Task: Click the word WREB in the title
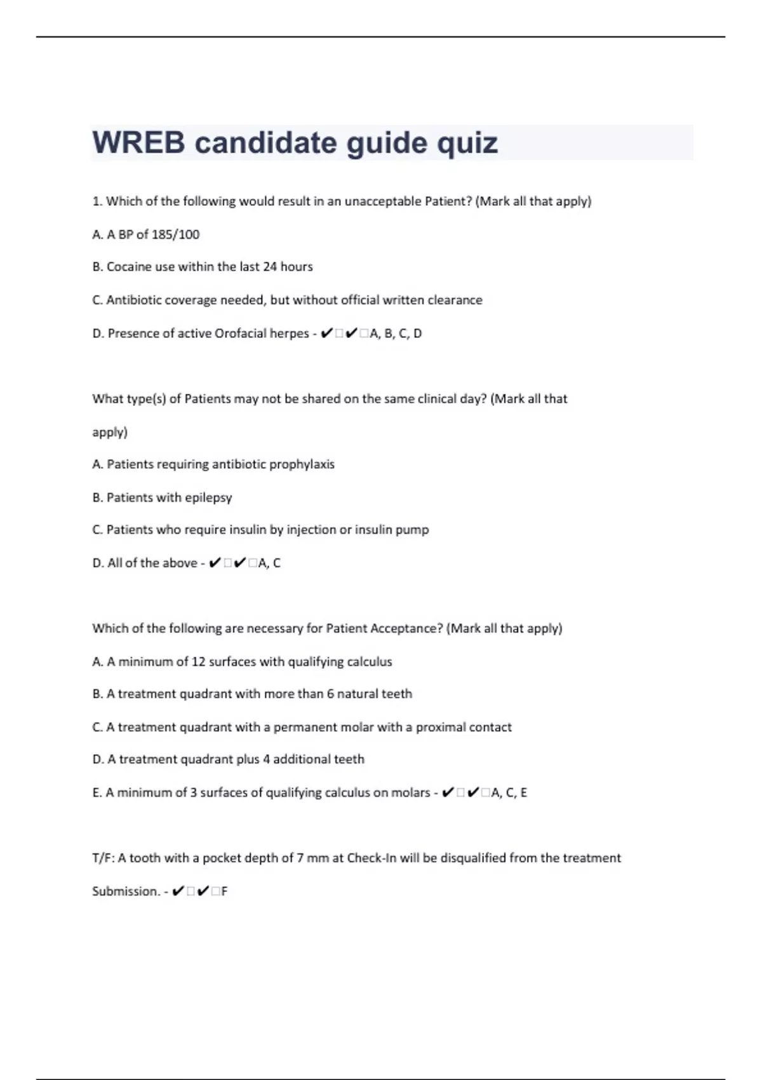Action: click(x=138, y=142)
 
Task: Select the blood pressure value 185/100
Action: click(x=175, y=234)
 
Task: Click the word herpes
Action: click(x=289, y=334)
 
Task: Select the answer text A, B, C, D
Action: click(x=396, y=334)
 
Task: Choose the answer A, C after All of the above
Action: click(x=269, y=563)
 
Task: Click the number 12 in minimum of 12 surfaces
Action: click(x=198, y=662)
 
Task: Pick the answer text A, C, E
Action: click(x=509, y=793)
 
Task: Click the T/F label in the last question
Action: click(x=103, y=858)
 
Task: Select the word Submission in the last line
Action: click(x=126, y=891)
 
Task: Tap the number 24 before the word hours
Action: click(x=270, y=267)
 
